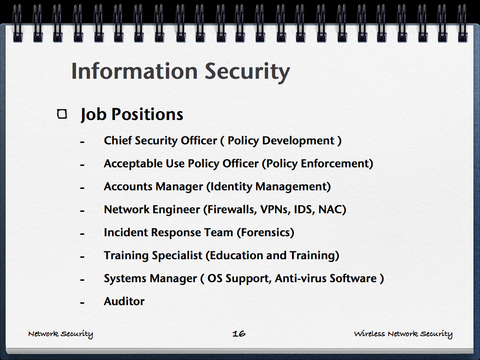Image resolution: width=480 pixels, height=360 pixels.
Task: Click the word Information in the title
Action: [x=135, y=71]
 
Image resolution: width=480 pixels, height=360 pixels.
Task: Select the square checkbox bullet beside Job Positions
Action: [x=62, y=114]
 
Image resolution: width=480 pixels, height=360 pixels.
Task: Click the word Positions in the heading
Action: [x=147, y=114]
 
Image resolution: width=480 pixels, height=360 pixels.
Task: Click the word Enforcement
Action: [x=335, y=164]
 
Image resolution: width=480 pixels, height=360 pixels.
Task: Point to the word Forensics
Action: [x=265, y=232]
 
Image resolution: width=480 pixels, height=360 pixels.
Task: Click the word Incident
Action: [x=126, y=232]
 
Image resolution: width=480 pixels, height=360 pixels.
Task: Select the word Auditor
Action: [x=124, y=301]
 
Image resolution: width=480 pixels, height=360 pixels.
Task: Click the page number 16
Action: [x=239, y=333]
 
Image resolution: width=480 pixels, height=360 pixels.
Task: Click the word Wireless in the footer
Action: [x=369, y=333]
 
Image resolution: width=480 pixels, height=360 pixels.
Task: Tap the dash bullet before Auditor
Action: [x=82, y=303]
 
